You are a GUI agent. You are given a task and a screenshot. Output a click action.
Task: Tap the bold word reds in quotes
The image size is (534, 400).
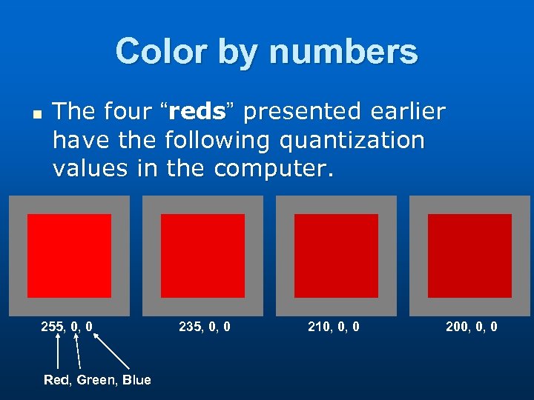[197, 112]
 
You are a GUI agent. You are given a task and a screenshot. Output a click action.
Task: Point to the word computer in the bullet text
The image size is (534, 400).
[274, 169]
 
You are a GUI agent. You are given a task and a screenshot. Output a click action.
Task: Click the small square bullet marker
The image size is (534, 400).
[34, 115]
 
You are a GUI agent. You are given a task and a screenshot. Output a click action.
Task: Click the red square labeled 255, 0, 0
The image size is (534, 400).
[69, 256]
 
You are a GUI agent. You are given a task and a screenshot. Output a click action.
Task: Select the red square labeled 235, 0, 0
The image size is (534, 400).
[202, 256]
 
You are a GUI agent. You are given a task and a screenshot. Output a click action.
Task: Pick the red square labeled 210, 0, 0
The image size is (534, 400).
[336, 256]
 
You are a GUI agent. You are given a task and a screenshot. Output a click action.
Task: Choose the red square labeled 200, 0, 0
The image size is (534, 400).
[469, 256]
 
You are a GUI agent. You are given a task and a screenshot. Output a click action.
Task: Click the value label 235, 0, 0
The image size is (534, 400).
[205, 326]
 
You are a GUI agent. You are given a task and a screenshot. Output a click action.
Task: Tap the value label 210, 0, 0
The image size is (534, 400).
[334, 326]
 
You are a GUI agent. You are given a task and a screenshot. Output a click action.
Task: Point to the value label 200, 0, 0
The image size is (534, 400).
[472, 326]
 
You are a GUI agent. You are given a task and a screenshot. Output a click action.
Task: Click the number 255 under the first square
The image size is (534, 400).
[53, 326]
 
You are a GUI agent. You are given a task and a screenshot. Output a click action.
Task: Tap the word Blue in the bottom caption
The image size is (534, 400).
[137, 380]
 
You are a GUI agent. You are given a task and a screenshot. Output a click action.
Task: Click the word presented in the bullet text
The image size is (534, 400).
[300, 112]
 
